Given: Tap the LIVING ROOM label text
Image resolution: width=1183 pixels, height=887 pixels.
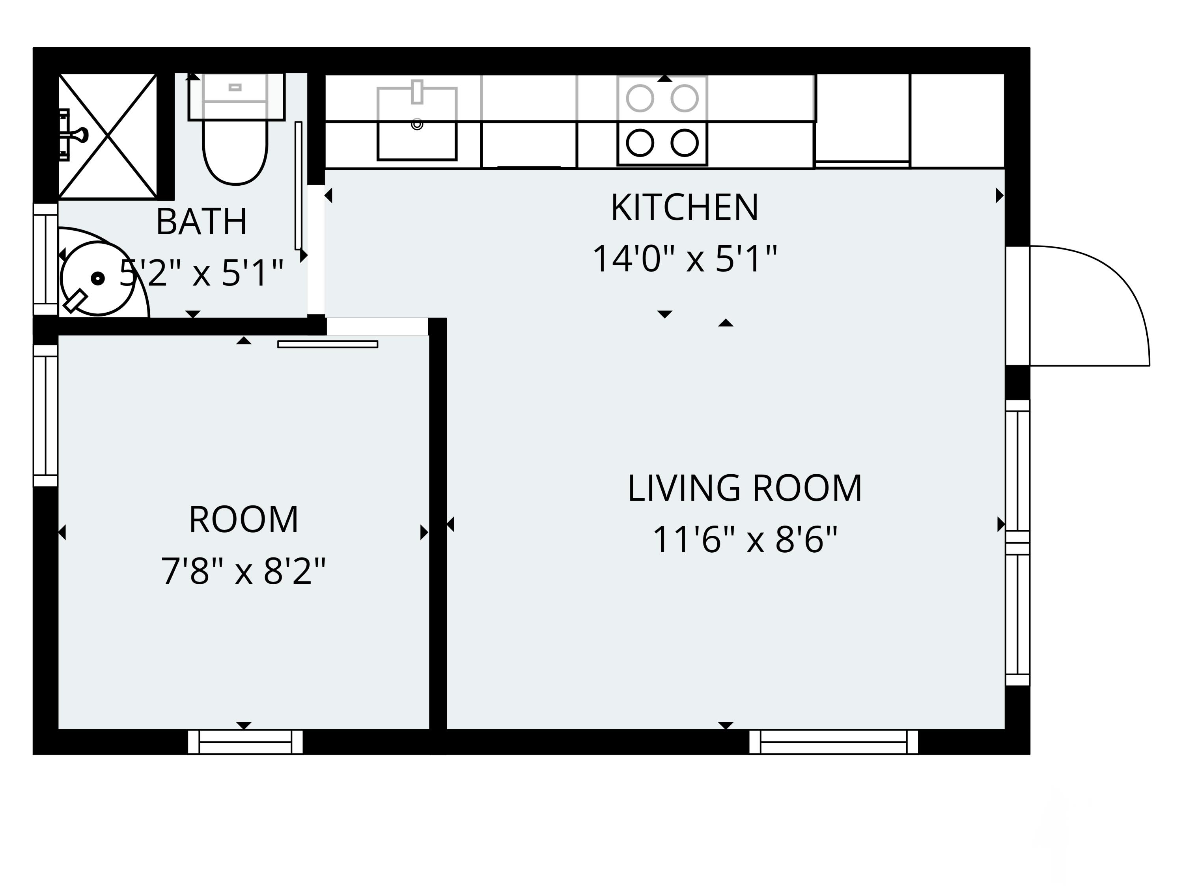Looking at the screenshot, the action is (x=745, y=488).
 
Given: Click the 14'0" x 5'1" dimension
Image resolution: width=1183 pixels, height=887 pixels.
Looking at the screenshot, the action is (x=685, y=259).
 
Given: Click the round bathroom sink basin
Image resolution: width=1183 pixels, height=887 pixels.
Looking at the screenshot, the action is (x=98, y=278).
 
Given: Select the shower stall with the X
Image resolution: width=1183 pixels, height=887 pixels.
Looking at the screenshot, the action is (x=108, y=136).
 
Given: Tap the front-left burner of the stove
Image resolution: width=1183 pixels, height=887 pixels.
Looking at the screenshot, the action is (x=640, y=143).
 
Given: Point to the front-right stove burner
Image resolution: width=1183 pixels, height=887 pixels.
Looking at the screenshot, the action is (x=685, y=143).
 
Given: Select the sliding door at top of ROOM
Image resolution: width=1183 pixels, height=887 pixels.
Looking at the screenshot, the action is (x=328, y=344).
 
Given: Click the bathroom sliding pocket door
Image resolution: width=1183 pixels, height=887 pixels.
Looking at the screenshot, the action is (x=299, y=186).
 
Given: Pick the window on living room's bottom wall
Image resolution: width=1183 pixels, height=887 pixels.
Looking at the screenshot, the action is (x=834, y=742).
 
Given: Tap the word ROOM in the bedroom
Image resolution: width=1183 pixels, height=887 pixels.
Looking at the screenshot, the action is (x=243, y=520).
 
